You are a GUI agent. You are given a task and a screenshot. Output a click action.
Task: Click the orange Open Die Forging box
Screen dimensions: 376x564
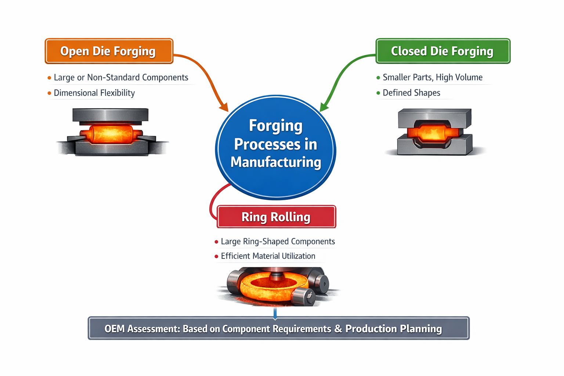[x=109, y=51]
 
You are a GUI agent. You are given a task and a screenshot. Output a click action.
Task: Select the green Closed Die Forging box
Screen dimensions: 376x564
[x=442, y=51]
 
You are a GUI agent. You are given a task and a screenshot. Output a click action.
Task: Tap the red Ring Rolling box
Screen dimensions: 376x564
[x=276, y=217]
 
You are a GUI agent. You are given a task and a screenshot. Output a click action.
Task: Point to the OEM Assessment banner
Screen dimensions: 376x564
[x=278, y=328]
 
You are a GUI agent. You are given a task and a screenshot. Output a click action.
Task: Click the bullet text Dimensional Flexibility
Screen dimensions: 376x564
[x=94, y=93]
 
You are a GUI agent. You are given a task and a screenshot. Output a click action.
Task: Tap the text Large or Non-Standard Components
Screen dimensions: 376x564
[x=121, y=77]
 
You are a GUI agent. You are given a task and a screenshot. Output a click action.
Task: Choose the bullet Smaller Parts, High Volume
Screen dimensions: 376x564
[x=432, y=77]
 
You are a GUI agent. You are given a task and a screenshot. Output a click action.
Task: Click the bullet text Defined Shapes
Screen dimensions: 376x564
[x=411, y=93]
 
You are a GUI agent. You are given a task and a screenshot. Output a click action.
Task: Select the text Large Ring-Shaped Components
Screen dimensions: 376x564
[x=278, y=241]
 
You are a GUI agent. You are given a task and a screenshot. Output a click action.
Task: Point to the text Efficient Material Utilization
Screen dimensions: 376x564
[x=268, y=256]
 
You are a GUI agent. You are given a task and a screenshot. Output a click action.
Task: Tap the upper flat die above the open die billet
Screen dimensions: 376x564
[x=110, y=115]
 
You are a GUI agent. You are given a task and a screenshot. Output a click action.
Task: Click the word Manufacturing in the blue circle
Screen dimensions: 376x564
[x=276, y=162]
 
